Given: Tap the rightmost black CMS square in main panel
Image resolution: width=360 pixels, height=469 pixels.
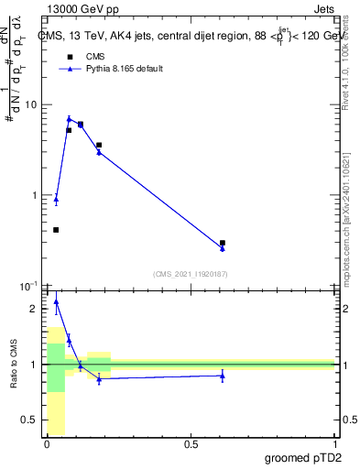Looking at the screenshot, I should coord(223,243).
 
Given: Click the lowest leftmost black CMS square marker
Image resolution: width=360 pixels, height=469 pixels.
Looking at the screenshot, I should coord(56,230).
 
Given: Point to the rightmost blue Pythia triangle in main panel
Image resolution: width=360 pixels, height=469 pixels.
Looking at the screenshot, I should coord(223,248).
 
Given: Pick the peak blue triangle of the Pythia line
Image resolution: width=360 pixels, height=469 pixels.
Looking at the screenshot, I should coord(69,118).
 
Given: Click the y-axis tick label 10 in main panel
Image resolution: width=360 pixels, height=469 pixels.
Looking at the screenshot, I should coord(30,104).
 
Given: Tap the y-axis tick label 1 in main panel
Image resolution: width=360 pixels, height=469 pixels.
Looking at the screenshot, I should coord(34,195).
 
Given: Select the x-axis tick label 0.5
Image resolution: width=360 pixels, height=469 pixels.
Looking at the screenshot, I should coord(191,444).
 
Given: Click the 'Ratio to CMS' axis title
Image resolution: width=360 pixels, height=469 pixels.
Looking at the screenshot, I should coord(14,365).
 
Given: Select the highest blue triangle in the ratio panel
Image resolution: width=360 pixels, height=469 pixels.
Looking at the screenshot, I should coord(56,301).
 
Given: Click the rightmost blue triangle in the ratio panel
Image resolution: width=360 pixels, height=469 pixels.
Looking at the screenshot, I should coord(223,376).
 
